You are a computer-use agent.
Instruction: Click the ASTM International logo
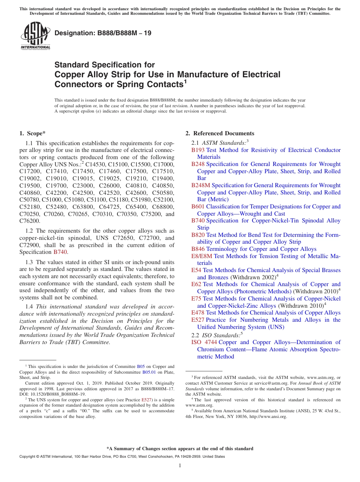click(35, 36)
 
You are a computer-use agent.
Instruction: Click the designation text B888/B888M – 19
click(103, 33)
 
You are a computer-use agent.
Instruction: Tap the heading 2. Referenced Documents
click(219, 133)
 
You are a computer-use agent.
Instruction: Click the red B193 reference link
click(198, 150)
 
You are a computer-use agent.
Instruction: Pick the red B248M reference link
click(200, 185)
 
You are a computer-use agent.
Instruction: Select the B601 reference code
click(198, 207)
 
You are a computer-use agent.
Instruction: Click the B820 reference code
click(198, 235)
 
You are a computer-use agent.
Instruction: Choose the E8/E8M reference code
click(202, 256)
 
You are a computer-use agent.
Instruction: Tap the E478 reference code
click(198, 313)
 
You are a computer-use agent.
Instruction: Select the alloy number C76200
click(30, 221)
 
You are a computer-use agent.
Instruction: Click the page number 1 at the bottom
click(180, 466)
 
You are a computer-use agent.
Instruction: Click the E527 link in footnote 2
click(146, 399)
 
